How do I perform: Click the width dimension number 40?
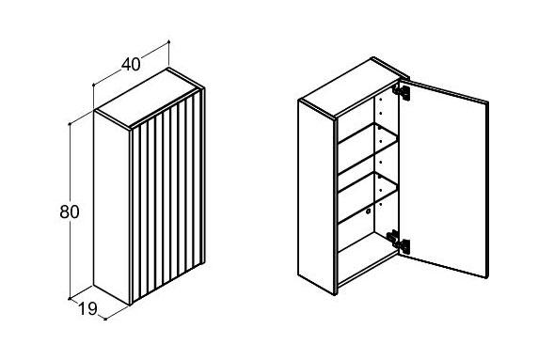[131, 64]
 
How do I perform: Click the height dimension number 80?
[70, 211]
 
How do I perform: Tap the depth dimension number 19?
[87, 308]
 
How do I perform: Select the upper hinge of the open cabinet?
[402, 91]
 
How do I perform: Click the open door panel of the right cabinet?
[444, 179]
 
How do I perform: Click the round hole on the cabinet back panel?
[368, 211]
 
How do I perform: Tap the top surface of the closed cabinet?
[149, 99]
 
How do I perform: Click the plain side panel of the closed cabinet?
[111, 208]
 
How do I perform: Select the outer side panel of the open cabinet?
[316, 197]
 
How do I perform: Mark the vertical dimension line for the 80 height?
[70, 211]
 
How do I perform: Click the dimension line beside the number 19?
[87, 308]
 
